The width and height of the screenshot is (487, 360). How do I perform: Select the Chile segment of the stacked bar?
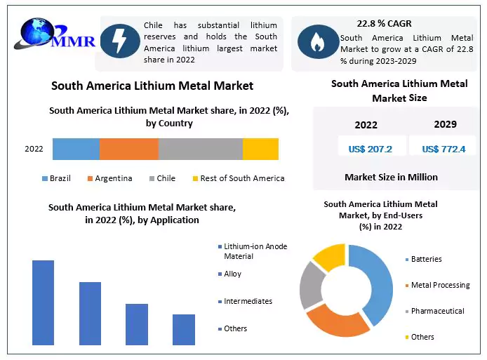click(x=200, y=149)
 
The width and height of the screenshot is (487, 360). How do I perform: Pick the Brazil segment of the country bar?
click(x=76, y=149)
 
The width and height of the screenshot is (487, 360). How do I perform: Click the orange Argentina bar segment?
click(x=128, y=149)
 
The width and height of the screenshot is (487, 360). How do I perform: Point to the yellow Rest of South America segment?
click(x=260, y=149)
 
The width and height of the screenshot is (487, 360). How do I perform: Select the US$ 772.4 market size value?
click(x=443, y=149)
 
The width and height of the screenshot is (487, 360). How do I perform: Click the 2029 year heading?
click(x=445, y=125)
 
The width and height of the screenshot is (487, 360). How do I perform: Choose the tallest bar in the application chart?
click(x=43, y=302)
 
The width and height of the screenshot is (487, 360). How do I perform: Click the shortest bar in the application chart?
click(x=183, y=329)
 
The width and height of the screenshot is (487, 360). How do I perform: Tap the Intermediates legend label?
click(x=248, y=301)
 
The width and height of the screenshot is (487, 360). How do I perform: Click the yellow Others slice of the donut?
click(x=328, y=256)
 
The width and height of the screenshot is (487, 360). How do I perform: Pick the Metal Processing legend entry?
click(x=440, y=286)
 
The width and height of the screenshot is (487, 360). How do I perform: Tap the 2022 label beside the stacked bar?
click(x=34, y=149)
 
